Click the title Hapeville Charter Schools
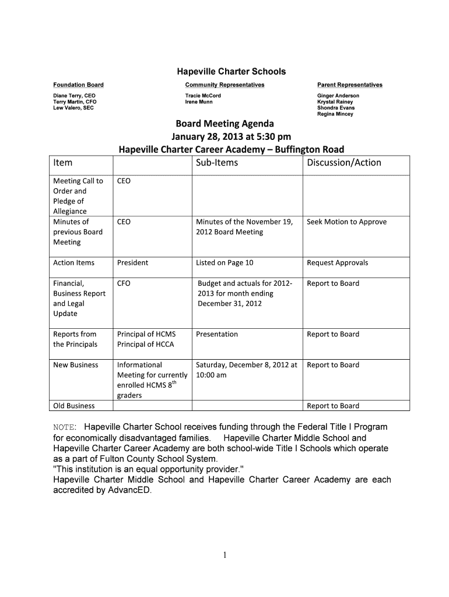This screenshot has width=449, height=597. coord(231,72)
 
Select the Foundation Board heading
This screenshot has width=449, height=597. coord(78,85)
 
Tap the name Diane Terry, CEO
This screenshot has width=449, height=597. coord(74,96)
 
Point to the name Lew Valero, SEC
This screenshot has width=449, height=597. coord(73,108)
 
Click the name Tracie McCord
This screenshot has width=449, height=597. coord(203,96)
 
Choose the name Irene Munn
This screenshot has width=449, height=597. coord(199,102)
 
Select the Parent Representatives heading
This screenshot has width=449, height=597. coord(350,85)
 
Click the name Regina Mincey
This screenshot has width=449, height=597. coord(335,114)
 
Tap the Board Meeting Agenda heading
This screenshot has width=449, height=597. coord(225,124)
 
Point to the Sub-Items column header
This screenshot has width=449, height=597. coord(217,163)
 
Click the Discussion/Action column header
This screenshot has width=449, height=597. coord(344,163)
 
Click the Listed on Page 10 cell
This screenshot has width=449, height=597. coord(224,262)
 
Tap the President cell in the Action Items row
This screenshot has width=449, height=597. coord(133,262)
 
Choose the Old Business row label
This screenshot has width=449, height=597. coord(74,406)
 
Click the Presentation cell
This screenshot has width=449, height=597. coord(217,334)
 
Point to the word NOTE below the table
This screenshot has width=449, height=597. coord(64,427)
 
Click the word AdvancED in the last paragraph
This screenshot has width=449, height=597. coord(128,490)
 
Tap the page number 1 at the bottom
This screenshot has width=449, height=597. coord(224,556)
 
